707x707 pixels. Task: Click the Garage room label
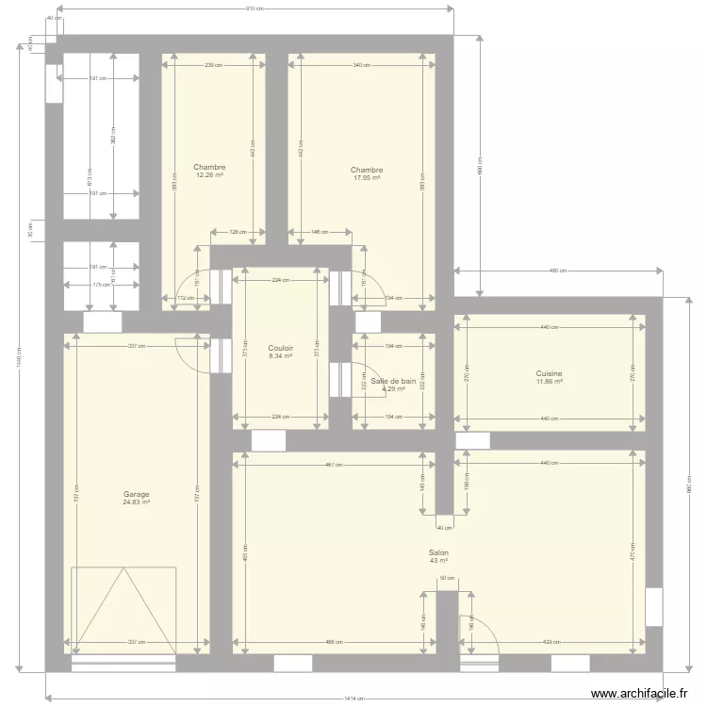pyautogui.click(x=136, y=494)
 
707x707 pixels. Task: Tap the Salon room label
pyautogui.click(x=438, y=553)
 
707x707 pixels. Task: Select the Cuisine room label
pyautogui.click(x=550, y=373)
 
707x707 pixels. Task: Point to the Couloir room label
pyautogui.click(x=280, y=347)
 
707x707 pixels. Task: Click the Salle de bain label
pyautogui.click(x=393, y=381)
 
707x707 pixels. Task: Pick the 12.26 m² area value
pyautogui.click(x=209, y=174)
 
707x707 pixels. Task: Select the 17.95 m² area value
pyautogui.click(x=367, y=177)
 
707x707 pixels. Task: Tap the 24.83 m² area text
pyautogui.click(x=136, y=502)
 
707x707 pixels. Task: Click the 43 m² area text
pyautogui.click(x=438, y=561)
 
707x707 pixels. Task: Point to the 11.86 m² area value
pyautogui.click(x=550, y=381)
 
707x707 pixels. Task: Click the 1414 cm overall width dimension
pyautogui.click(x=353, y=699)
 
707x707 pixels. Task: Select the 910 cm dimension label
pyautogui.click(x=254, y=8)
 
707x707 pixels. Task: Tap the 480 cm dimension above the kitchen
pyautogui.click(x=558, y=271)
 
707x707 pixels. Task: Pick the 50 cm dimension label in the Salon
pyautogui.click(x=447, y=578)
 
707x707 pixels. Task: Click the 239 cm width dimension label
pyautogui.click(x=214, y=65)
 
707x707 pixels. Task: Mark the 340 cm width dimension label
pyautogui.click(x=362, y=65)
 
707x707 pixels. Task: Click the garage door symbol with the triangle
pyautogui.click(x=123, y=609)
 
